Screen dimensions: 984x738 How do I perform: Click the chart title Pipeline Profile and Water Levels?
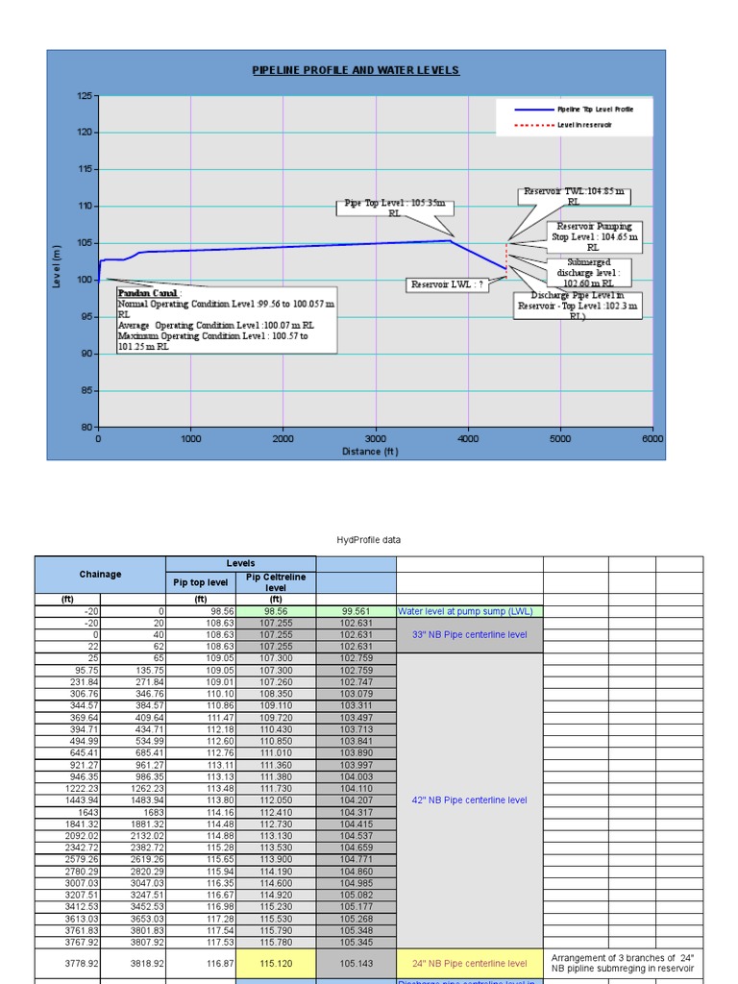point(356,70)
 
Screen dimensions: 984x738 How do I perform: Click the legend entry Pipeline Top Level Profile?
point(595,110)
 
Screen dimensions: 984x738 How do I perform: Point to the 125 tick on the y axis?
point(84,96)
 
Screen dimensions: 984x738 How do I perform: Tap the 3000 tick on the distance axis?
point(375,438)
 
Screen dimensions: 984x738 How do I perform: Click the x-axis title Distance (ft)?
point(370,451)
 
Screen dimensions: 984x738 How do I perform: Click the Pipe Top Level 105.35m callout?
point(395,209)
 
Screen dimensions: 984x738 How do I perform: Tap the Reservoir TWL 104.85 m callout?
point(573,197)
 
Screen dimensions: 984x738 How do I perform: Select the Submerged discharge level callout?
point(588,272)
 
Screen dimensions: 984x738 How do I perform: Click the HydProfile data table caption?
point(369,540)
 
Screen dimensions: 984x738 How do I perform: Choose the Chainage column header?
point(100,575)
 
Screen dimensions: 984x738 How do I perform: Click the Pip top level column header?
point(200,582)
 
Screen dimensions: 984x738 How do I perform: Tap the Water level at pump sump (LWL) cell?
point(465,611)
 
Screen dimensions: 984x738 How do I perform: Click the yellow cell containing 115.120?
point(275,963)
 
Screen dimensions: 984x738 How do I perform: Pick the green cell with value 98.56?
point(275,611)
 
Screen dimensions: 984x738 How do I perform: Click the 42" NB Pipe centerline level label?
point(469,799)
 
